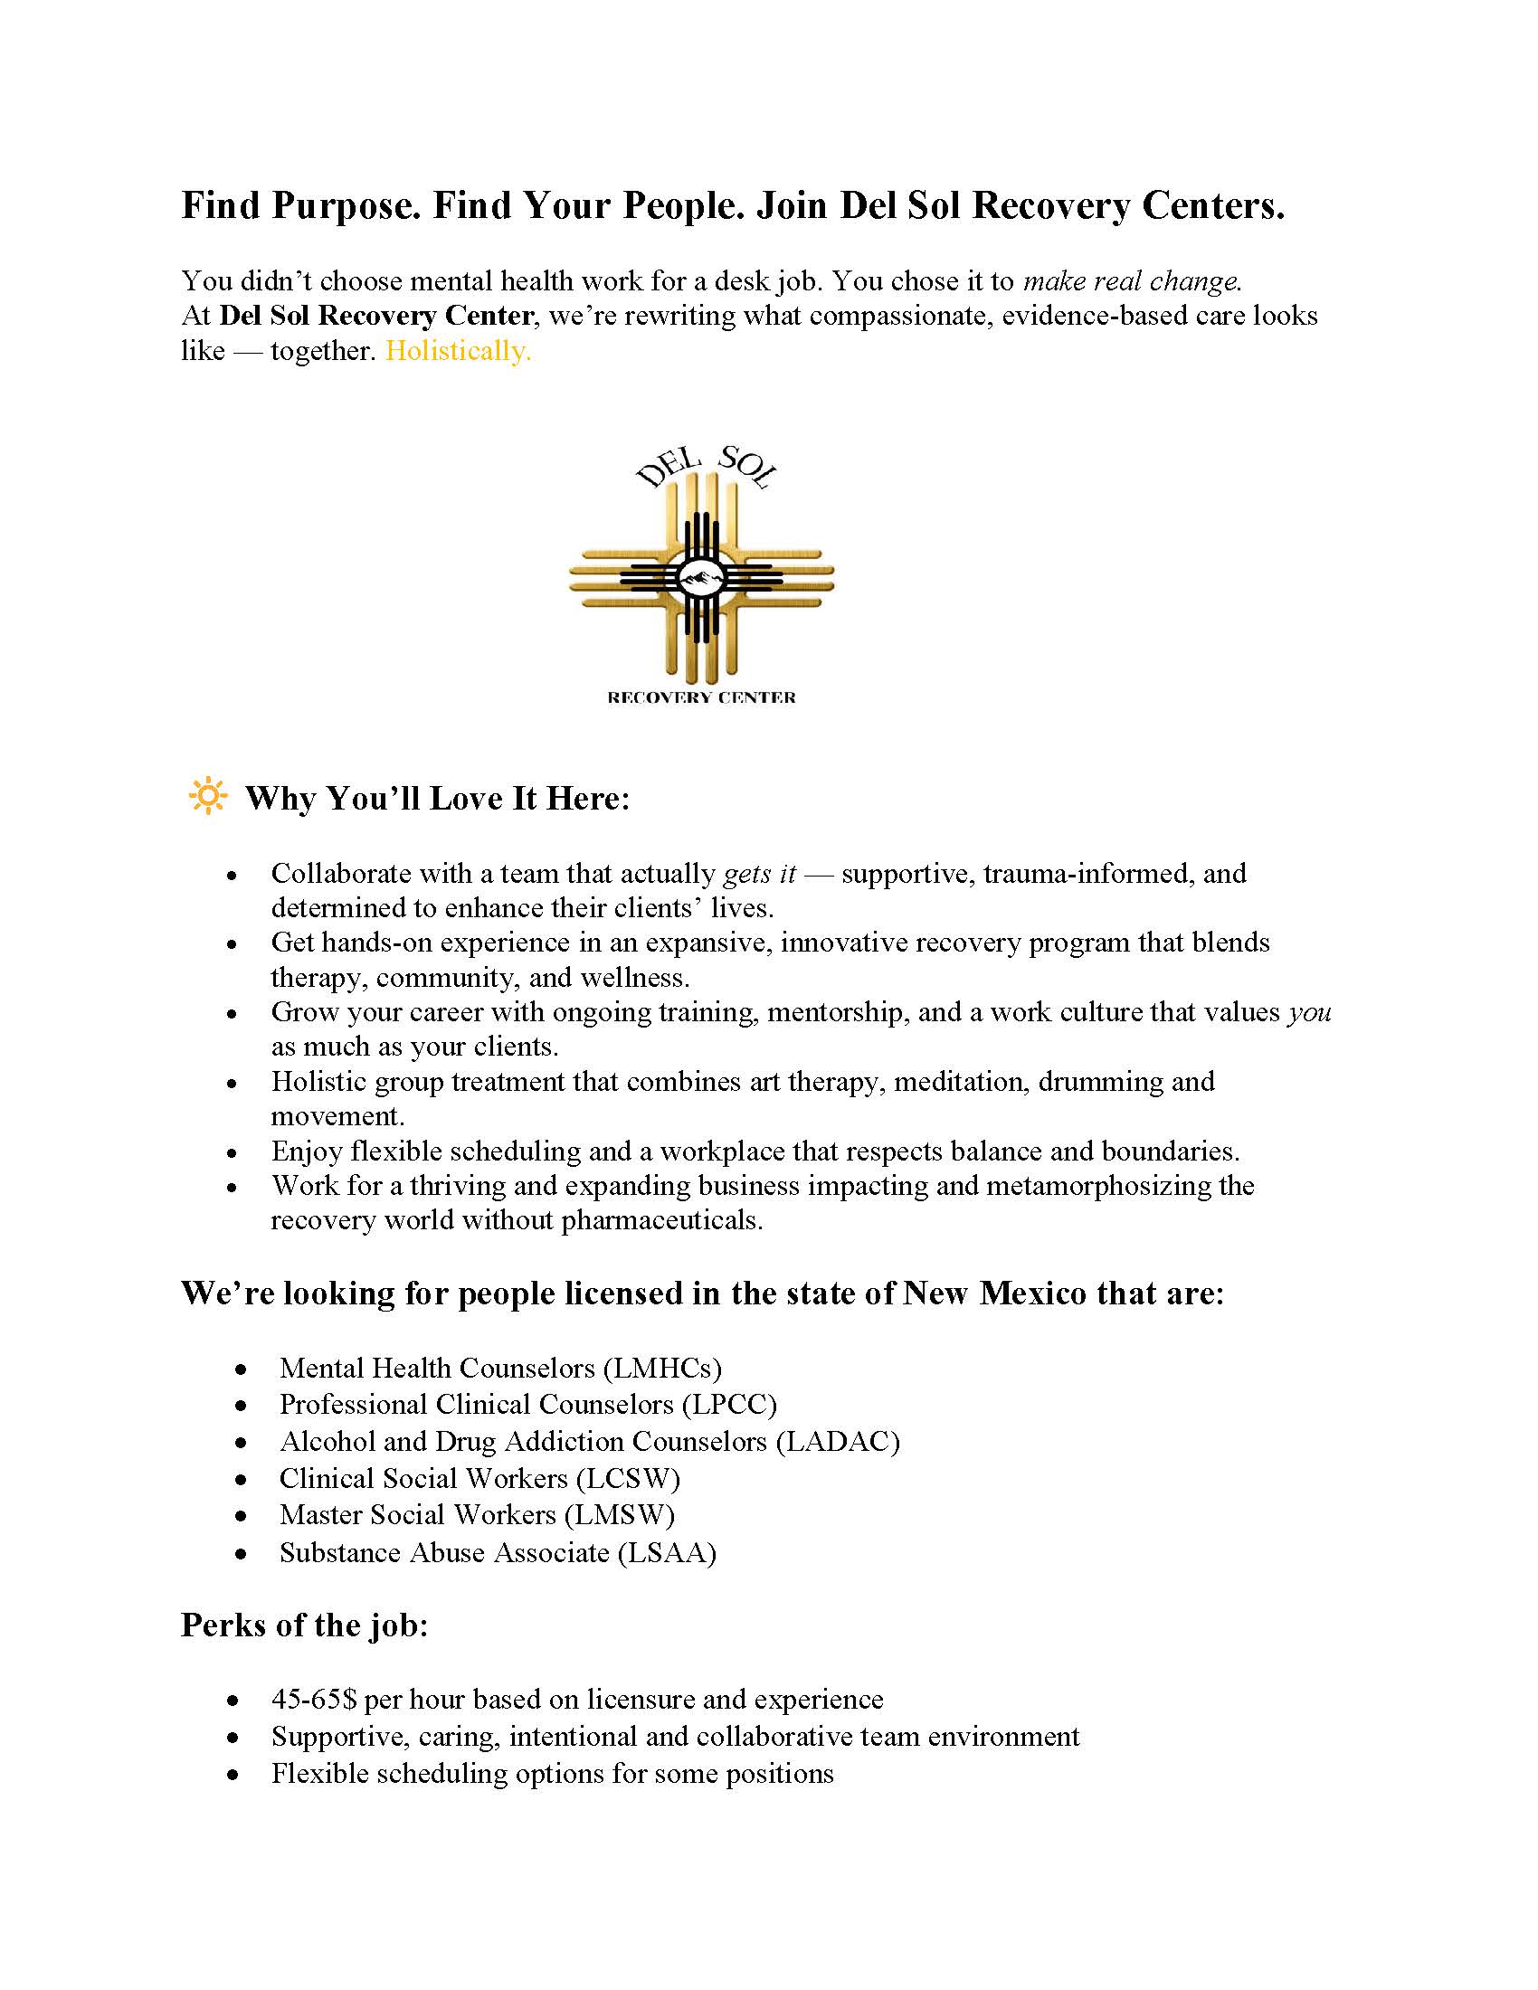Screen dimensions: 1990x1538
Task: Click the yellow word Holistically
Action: click(x=458, y=351)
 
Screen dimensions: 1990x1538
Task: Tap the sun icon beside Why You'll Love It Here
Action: click(x=208, y=795)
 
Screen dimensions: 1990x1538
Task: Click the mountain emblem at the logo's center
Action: click(x=700, y=577)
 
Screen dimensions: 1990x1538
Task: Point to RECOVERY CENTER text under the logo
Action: click(x=700, y=698)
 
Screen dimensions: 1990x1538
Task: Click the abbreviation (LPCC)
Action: click(x=729, y=1404)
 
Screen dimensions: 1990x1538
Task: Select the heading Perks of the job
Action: click(x=304, y=1625)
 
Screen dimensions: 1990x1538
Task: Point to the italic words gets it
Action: click(x=760, y=874)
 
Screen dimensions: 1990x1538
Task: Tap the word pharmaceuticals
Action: click(x=661, y=1220)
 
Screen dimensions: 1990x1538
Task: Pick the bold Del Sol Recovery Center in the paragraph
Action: click(x=376, y=317)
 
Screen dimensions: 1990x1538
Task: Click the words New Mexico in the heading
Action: click(x=995, y=1293)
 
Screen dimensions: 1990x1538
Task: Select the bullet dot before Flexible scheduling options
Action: click(x=234, y=1775)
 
